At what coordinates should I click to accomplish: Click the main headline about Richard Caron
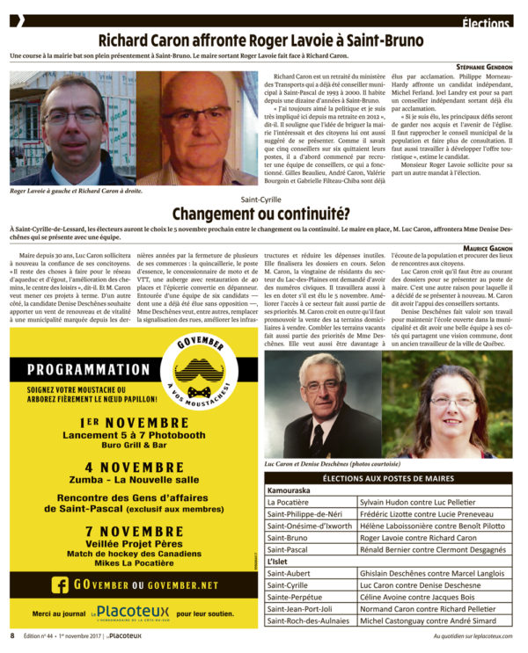pyautogui.click(x=264, y=40)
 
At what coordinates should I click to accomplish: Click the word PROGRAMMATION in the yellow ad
pyautogui.click(x=88, y=370)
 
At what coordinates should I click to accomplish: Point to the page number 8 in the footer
pyautogui.click(x=12, y=635)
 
